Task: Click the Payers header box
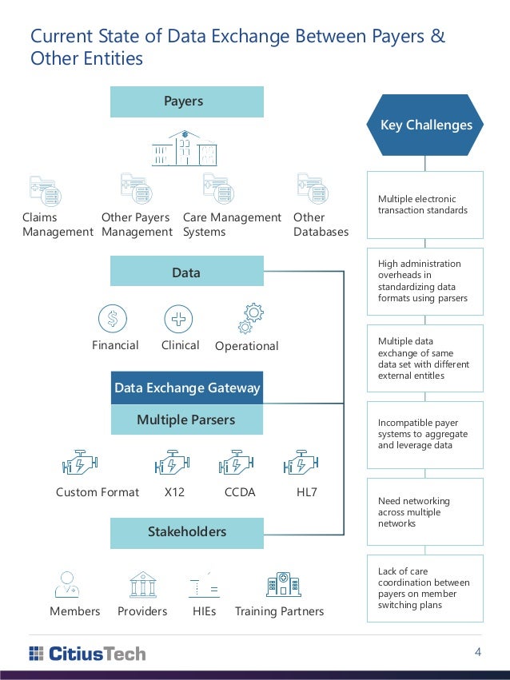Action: [x=184, y=101]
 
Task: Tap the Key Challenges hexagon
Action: [x=425, y=125]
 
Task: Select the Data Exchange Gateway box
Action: [x=187, y=388]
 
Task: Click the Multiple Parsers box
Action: [x=186, y=420]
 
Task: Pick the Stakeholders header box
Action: [x=186, y=532]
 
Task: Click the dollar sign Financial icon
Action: [x=113, y=319]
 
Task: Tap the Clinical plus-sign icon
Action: [x=178, y=319]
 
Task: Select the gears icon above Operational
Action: [x=250, y=318]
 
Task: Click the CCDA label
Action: [x=239, y=492]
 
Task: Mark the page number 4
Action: [x=478, y=653]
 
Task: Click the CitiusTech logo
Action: [x=87, y=654]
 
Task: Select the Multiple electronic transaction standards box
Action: [x=425, y=205]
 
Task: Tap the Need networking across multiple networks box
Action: [x=425, y=511]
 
